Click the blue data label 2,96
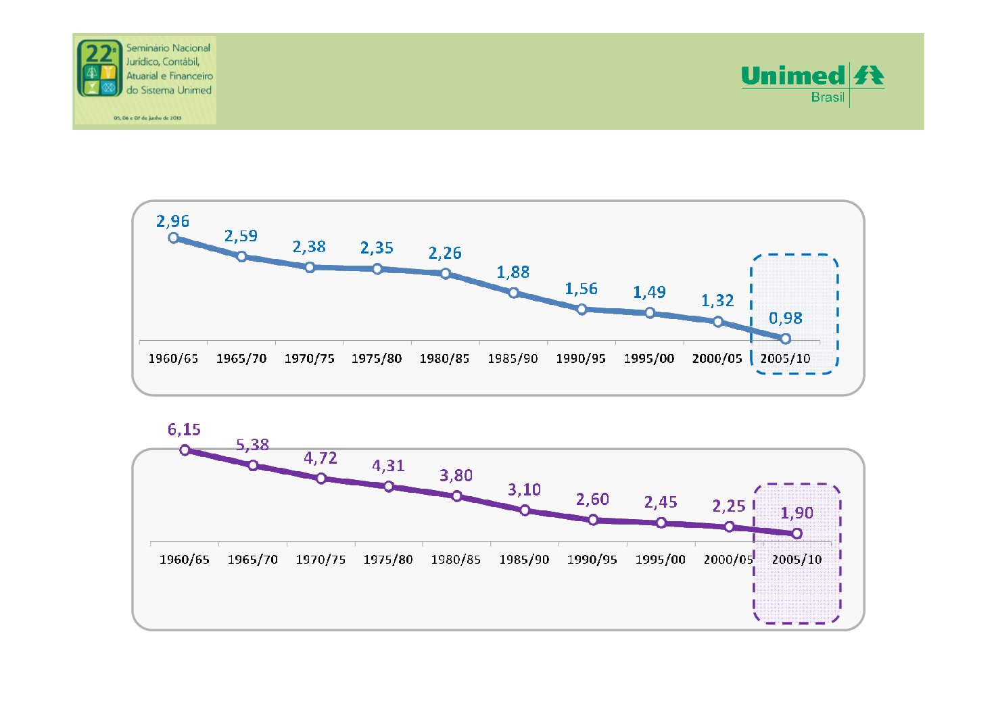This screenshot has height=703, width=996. (172, 221)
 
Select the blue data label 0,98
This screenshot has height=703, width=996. (785, 318)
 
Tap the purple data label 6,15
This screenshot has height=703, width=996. (184, 429)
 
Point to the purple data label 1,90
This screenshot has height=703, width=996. (797, 513)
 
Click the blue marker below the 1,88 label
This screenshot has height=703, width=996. (513, 293)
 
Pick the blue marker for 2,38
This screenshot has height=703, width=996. (310, 267)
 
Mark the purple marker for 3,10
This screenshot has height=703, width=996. (525, 510)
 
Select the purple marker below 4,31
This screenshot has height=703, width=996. (389, 487)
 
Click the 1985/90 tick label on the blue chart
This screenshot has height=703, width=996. (513, 359)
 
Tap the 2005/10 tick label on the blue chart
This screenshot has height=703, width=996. (785, 359)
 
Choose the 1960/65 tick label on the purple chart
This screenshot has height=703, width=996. (184, 560)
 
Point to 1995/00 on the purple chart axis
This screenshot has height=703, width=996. (660, 560)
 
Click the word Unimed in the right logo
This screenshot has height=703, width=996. (793, 76)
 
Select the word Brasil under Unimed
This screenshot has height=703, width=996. (828, 97)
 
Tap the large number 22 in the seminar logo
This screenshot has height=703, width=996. (99, 52)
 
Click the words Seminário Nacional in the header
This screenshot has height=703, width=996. (168, 48)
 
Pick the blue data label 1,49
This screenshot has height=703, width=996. (649, 292)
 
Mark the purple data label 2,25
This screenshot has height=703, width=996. (728, 506)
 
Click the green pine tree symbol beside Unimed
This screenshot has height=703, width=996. (869, 75)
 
